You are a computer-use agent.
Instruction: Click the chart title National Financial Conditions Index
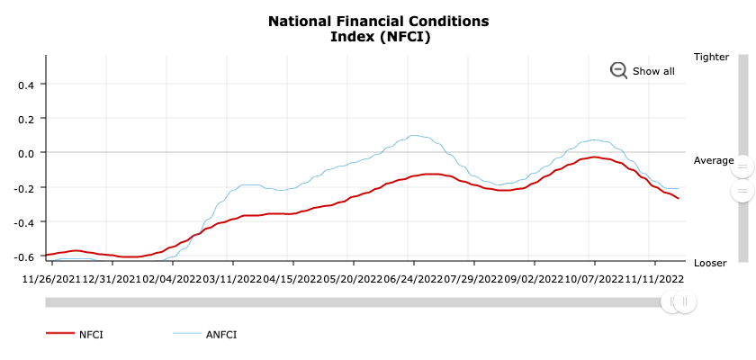378,28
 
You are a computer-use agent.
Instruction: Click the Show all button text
653,71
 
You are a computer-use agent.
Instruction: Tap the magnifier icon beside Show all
618,70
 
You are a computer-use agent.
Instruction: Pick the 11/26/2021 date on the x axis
51,279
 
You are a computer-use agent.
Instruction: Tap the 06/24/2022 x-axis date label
413,279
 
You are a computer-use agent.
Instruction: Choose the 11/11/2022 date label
654,279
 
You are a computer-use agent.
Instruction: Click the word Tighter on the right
711,57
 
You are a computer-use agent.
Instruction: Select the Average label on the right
714,160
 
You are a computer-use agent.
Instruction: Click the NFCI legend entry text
91,334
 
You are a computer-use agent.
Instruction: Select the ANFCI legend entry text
220,334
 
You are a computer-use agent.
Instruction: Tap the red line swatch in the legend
59,333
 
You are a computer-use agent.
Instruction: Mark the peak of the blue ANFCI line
413,136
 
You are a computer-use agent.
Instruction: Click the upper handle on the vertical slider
742,166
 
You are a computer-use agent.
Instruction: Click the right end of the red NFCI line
678,198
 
